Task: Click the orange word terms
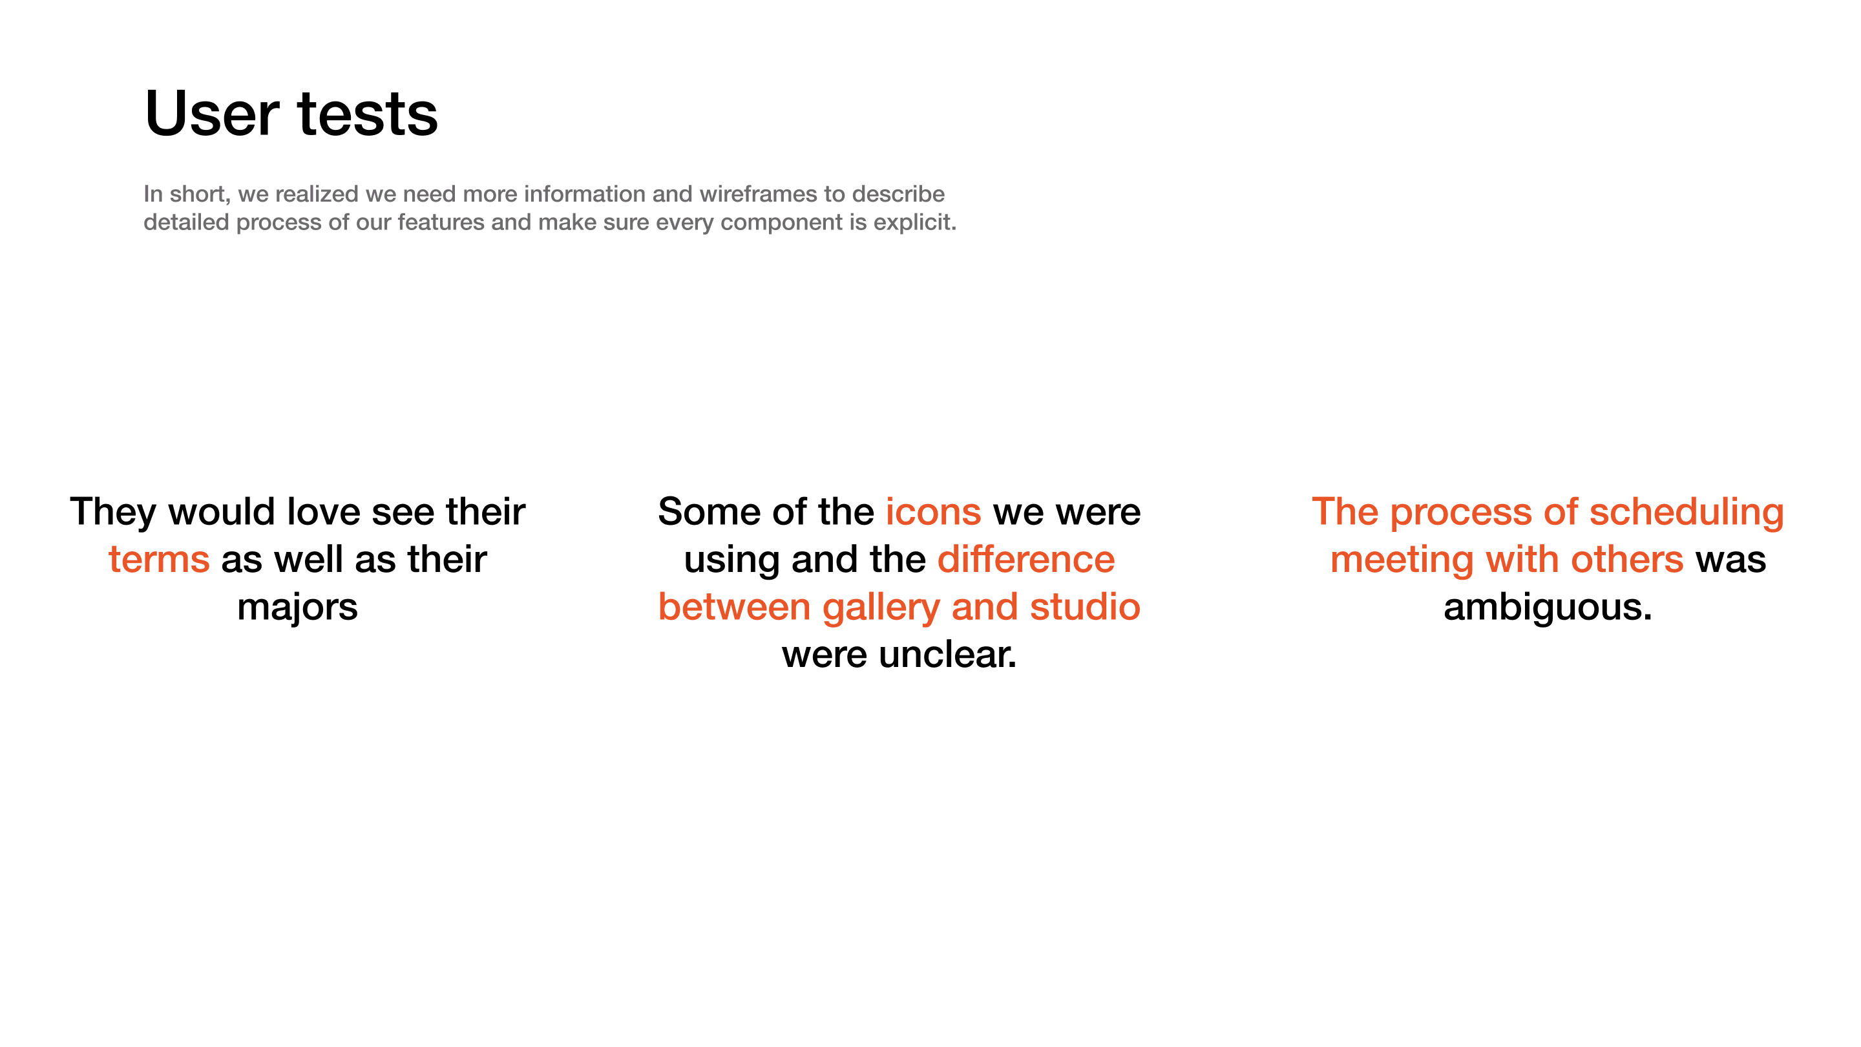point(159,560)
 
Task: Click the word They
point(112,513)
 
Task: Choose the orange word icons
point(933,512)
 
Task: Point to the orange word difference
point(1026,559)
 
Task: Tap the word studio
point(1084,607)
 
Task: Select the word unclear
point(947,655)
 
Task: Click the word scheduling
point(1686,513)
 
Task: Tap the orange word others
point(1627,559)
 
